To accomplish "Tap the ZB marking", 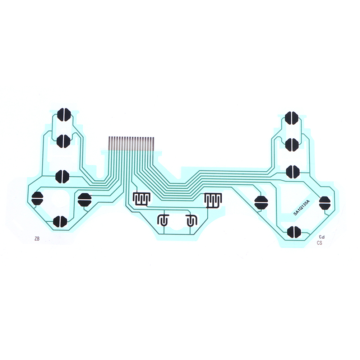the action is coord(37,239).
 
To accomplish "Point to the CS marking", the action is coord(319,243).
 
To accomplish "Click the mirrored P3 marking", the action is coord(321,237).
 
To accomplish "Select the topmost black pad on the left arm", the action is coord(64,115).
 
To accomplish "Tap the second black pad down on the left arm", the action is coord(63,141).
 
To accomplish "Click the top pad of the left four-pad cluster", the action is coord(62,176).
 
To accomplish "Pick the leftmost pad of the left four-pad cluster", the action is coord(37,198).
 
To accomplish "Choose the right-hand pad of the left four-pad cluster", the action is coord(85,199).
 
